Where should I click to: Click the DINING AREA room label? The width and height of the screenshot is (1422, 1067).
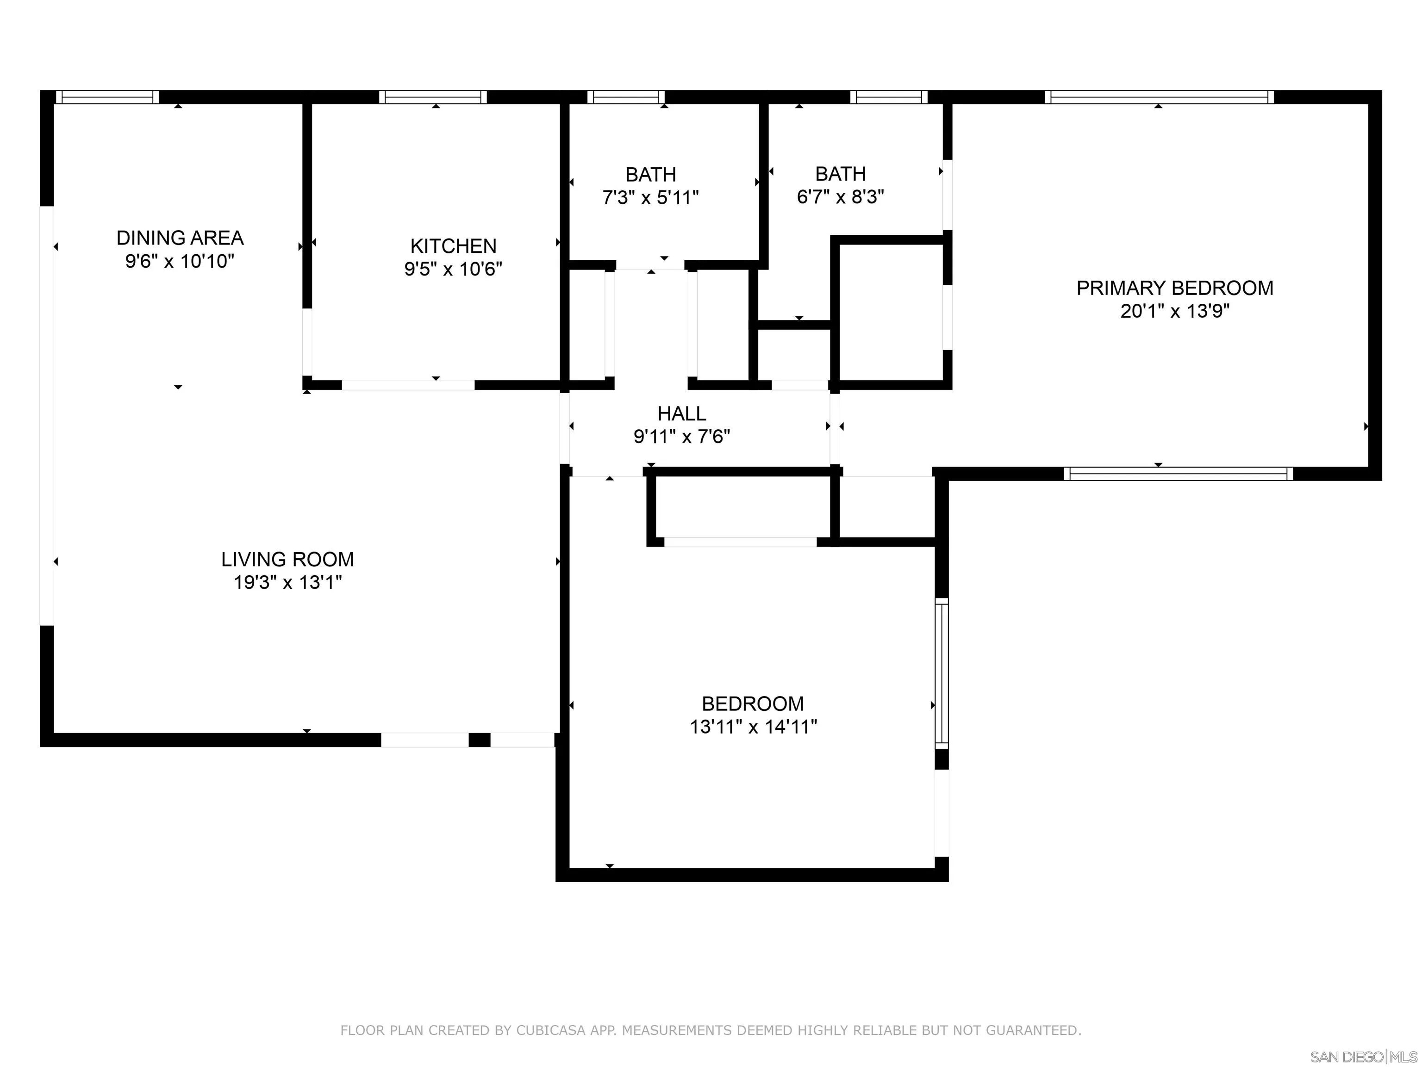[180, 238]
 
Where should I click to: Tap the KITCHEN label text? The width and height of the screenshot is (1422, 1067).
[453, 246]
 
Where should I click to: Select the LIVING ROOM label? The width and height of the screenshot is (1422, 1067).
[287, 559]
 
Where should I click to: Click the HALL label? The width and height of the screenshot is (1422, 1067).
[681, 414]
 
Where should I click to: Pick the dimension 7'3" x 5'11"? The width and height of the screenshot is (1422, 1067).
[650, 197]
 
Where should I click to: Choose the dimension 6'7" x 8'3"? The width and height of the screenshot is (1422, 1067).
[840, 197]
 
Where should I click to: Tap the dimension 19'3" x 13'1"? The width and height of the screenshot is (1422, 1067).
[287, 583]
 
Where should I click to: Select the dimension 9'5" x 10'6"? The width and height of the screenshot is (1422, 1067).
[453, 269]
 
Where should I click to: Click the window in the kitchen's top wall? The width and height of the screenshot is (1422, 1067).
[433, 97]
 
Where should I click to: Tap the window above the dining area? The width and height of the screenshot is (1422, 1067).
[107, 97]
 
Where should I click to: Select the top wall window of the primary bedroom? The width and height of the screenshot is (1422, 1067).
[1159, 97]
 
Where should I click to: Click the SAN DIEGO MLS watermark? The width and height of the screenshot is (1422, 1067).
[1364, 1057]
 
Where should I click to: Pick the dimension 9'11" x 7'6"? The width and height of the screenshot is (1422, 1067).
[681, 437]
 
